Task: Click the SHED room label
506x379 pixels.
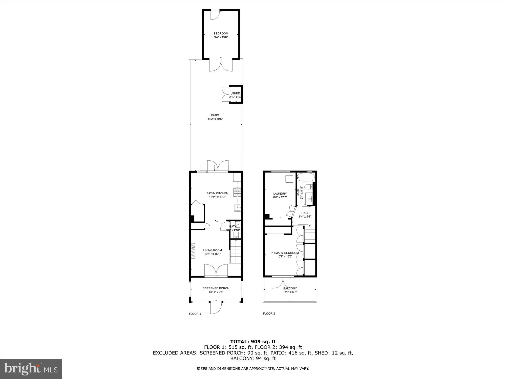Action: click(236, 93)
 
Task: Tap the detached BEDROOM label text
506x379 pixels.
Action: click(221, 33)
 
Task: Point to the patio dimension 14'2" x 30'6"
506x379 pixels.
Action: click(215, 119)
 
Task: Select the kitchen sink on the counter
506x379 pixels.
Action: click(237, 208)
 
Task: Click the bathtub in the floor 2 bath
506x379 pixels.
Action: click(306, 177)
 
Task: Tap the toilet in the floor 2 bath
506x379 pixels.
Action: click(307, 187)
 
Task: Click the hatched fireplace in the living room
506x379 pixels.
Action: click(193, 251)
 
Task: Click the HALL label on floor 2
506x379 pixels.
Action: click(305, 213)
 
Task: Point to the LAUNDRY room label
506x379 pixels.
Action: click(280, 194)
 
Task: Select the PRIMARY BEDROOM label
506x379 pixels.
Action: click(285, 253)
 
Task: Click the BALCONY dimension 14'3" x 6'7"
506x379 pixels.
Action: click(290, 292)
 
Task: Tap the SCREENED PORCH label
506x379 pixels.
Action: click(216, 288)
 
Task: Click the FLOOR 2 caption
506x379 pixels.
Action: click(269, 314)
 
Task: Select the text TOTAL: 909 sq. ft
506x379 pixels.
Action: click(253, 342)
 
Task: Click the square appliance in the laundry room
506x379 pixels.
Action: click(289, 179)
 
